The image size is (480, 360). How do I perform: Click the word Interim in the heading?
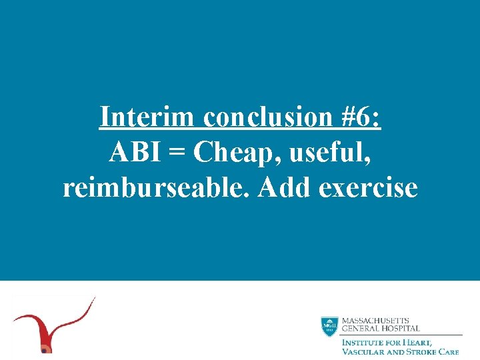point(147,117)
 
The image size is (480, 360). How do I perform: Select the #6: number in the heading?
point(356,117)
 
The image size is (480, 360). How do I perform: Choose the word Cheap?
point(226,153)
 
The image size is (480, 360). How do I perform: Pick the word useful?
point(323,153)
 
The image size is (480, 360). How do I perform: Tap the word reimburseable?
point(157,188)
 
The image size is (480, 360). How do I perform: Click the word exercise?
point(369,188)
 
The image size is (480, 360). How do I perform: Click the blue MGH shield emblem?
point(329,326)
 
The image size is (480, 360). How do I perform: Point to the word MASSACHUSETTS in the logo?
point(375,321)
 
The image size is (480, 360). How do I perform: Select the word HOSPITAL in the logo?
point(400,329)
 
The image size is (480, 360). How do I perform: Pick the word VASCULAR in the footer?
point(364,351)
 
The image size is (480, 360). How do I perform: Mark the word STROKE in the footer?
point(423,351)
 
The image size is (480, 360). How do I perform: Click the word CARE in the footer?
point(450,351)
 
